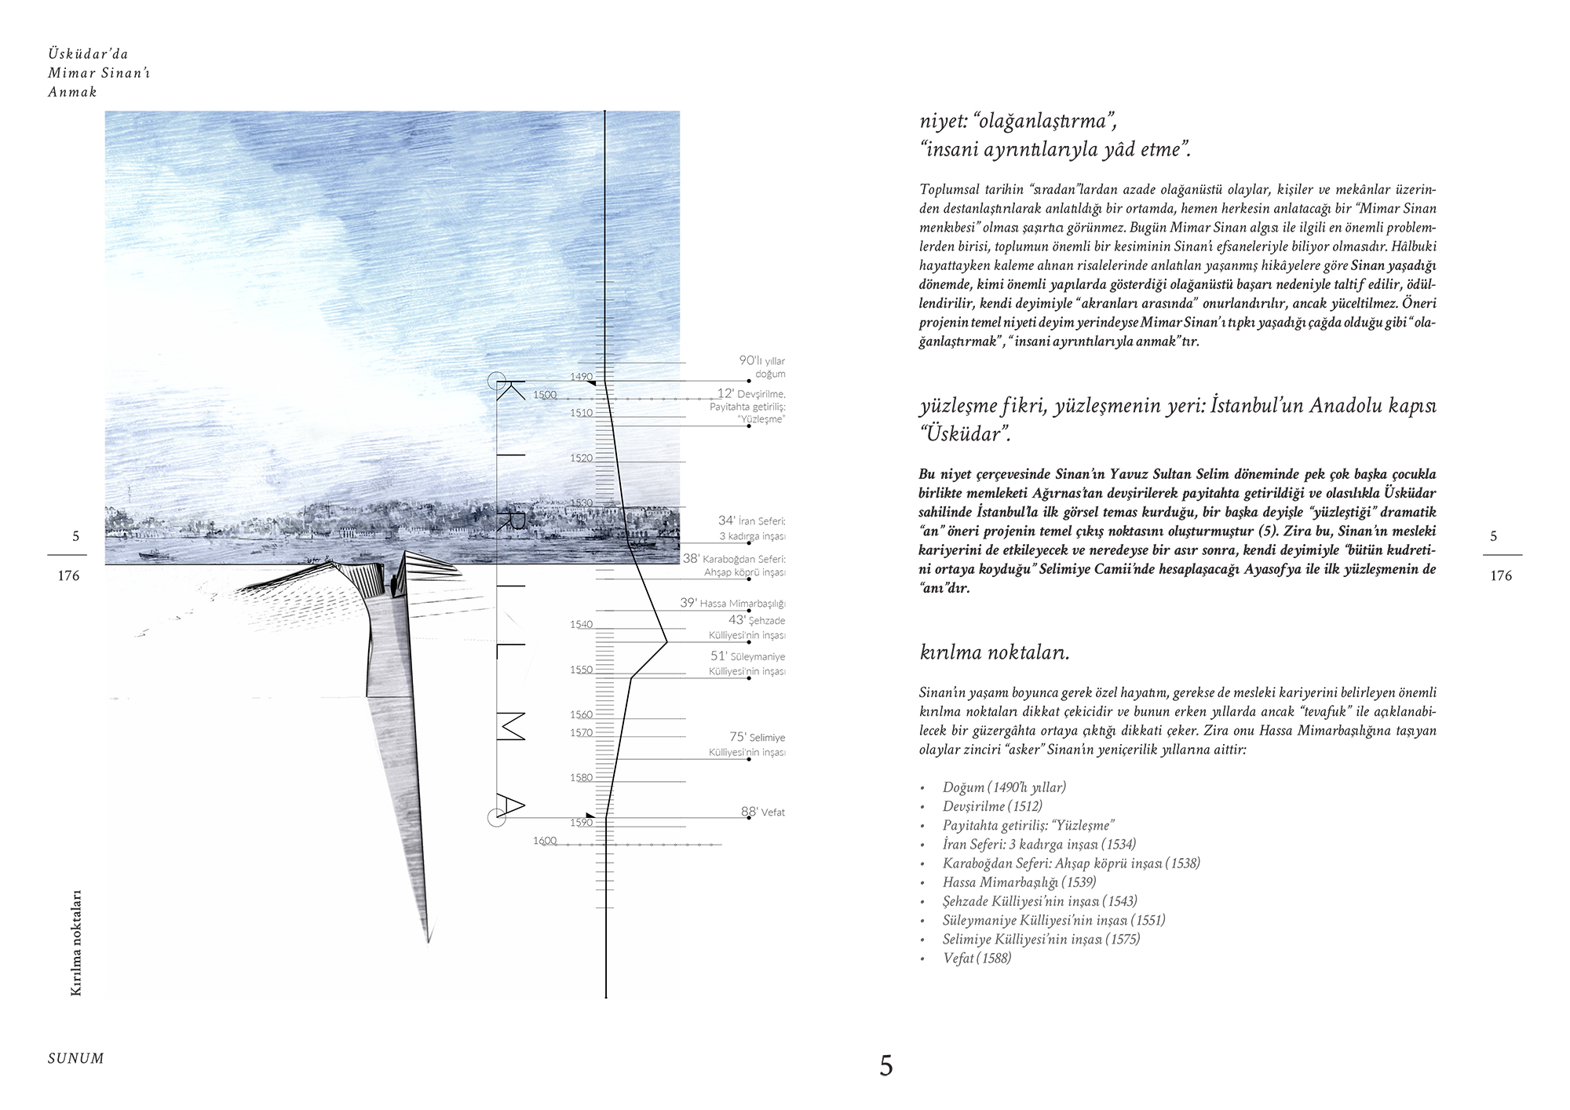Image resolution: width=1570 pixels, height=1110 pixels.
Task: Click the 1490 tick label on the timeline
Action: [x=582, y=377]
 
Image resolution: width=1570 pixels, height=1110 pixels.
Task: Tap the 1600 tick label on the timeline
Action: [x=545, y=841]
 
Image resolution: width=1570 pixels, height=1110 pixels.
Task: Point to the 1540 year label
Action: [x=582, y=625]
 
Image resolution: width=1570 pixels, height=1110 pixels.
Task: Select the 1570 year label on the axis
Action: [x=582, y=732]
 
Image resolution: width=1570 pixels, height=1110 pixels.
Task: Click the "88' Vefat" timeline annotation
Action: [x=763, y=812]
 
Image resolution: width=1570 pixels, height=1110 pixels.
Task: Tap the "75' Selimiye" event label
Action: [x=758, y=737]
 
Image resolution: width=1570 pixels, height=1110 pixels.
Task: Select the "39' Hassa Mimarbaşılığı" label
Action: [x=732, y=603]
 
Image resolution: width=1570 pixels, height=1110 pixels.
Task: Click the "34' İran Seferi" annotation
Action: [x=751, y=520]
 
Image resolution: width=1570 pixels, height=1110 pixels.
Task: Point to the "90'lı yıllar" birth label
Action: [x=761, y=361]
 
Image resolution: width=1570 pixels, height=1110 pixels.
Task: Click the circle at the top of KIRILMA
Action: [x=496, y=382]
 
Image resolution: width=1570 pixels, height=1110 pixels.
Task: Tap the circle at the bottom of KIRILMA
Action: [x=496, y=818]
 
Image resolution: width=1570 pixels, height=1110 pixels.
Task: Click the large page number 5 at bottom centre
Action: [x=885, y=1065]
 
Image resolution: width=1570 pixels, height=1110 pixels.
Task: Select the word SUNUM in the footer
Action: [x=75, y=1058]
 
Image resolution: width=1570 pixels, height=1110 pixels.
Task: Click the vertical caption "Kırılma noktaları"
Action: [x=76, y=943]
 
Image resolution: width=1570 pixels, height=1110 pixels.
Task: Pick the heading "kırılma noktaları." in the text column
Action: [x=994, y=652]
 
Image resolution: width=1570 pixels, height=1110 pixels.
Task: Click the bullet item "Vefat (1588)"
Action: [x=977, y=958]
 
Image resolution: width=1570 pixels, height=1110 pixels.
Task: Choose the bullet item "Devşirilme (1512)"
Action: [x=992, y=806]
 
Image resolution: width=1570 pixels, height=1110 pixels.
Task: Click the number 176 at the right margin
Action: [x=1500, y=576]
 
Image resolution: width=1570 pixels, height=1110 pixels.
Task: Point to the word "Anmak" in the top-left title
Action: [x=72, y=92]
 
